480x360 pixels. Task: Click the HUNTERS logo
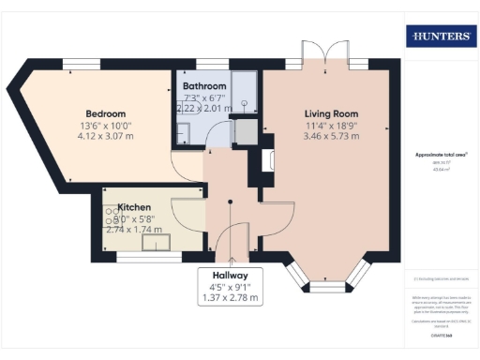[441, 37]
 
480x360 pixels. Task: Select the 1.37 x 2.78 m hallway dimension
[229, 298]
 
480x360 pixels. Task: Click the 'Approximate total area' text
[441, 155]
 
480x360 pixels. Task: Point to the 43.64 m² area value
[441, 170]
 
